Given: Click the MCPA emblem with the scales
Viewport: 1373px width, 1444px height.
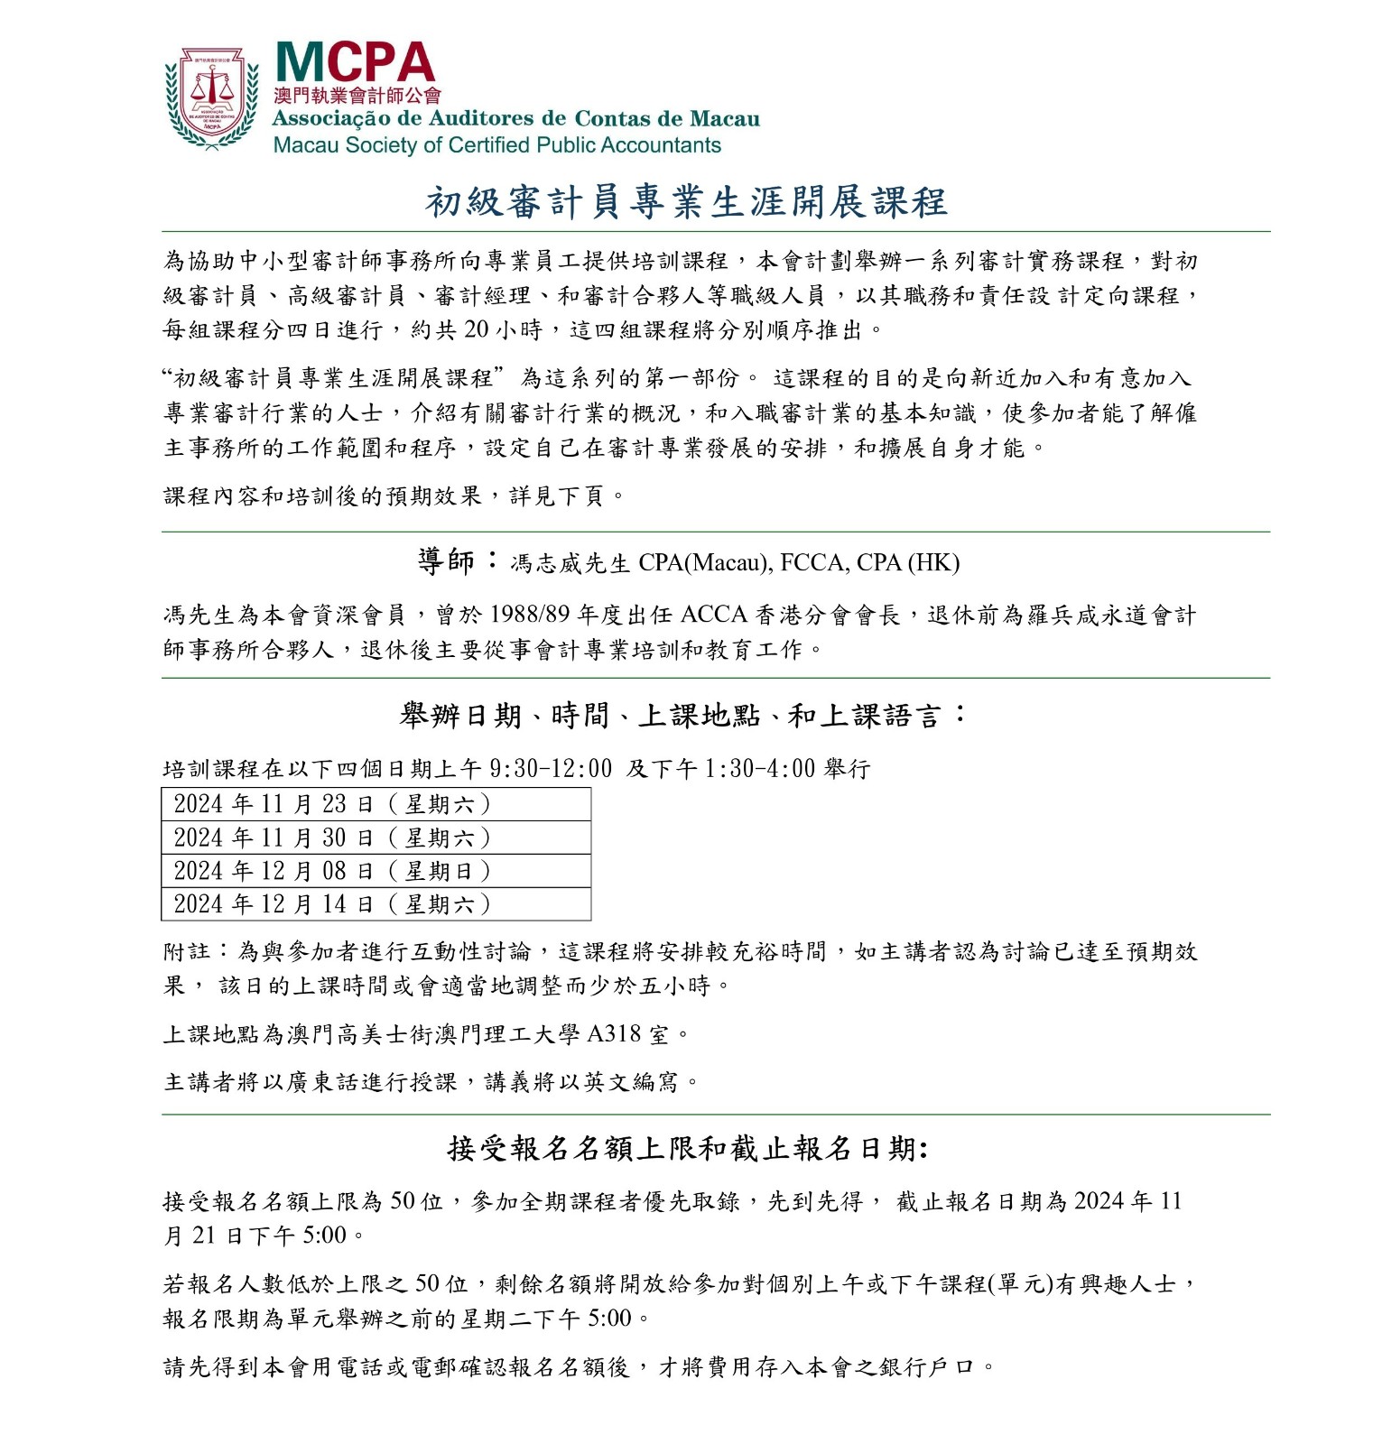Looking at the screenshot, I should point(211,97).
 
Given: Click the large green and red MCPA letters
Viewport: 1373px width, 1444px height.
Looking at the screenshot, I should point(354,62).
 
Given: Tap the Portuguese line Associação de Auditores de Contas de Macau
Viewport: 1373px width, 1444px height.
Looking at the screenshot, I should point(515,119).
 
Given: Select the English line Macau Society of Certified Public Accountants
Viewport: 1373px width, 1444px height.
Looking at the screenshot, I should point(496,145).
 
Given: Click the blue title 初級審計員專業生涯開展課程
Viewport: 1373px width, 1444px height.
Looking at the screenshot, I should point(686,202).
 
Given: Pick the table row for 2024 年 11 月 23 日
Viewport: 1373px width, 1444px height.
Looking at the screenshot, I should point(376,804).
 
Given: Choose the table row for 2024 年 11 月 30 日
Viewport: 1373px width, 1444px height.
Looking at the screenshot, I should point(376,838).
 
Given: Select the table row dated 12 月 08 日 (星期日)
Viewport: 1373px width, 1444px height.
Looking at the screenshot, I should point(376,871).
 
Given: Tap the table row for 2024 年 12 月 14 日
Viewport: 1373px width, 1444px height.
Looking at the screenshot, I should point(376,904).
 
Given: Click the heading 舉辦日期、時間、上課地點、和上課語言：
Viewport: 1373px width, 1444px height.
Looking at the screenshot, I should point(683,716).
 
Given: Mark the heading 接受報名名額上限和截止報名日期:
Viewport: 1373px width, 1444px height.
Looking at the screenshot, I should point(688,1149).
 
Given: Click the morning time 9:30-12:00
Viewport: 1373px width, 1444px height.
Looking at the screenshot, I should point(551,769).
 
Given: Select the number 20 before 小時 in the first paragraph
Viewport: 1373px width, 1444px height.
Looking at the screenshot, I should point(476,330).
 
